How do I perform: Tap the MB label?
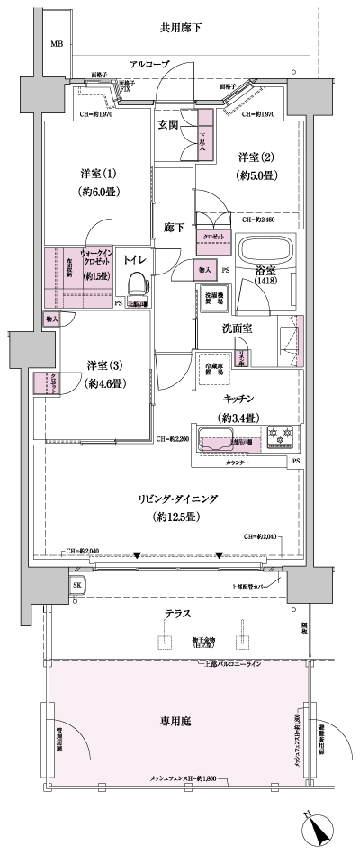(x=57, y=44)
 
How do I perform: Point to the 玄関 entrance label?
(x=168, y=125)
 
